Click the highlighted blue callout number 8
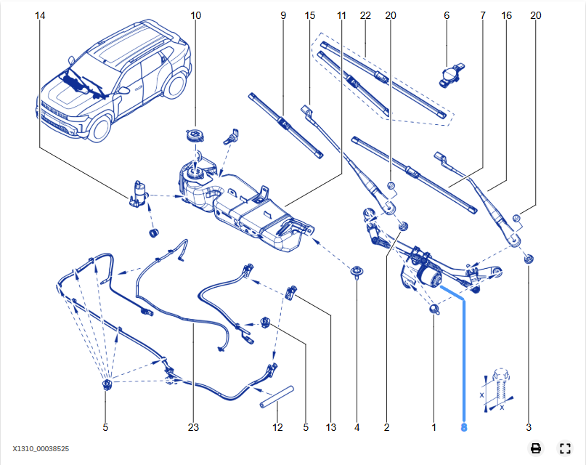click(464, 428)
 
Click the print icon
click(536, 448)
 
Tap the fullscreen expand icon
click(565, 448)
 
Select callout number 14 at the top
click(39, 15)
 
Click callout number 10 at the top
click(195, 15)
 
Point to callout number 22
click(365, 15)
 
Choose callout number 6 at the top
click(447, 15)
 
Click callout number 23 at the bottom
click(193, 428)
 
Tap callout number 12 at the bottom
click(277, 428)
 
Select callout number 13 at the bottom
click(331, 428)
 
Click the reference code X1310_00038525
click(41, 449)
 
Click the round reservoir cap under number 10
click(195, 134)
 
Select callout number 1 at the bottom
click(434, 428)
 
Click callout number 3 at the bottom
click(529, 428)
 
